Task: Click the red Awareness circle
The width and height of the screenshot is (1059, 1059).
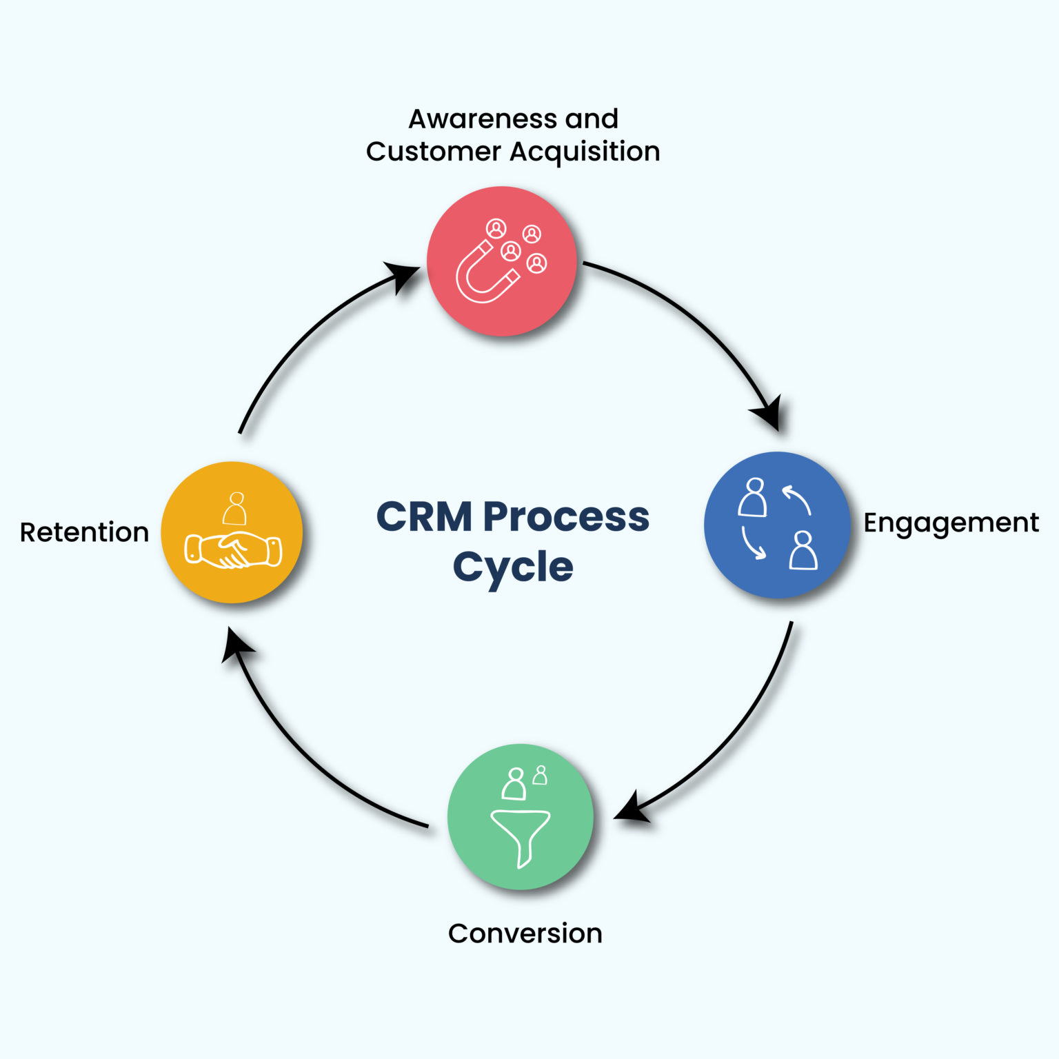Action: click(501, 261)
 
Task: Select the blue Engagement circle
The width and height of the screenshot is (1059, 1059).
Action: click(777, 525)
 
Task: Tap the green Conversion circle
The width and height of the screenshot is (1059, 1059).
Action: click(520, 816)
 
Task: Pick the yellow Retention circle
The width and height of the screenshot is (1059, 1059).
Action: click(232, 532)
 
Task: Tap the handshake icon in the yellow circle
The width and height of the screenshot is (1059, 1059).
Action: click(233, 550)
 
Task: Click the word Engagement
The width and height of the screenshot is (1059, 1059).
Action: click(950, 523)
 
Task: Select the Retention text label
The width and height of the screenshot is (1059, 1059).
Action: click(84, 532)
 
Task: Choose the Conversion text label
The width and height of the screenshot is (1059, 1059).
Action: click(525, 934)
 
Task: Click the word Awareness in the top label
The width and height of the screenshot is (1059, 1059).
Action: click(483, 119)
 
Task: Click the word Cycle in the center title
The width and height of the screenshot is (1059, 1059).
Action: click(513, 567)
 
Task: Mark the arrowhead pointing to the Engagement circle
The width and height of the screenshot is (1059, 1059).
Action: click(769, 414)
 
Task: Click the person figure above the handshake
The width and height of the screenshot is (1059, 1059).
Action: click(235, 509)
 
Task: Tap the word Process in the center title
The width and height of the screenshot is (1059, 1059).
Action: click(565, 517)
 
